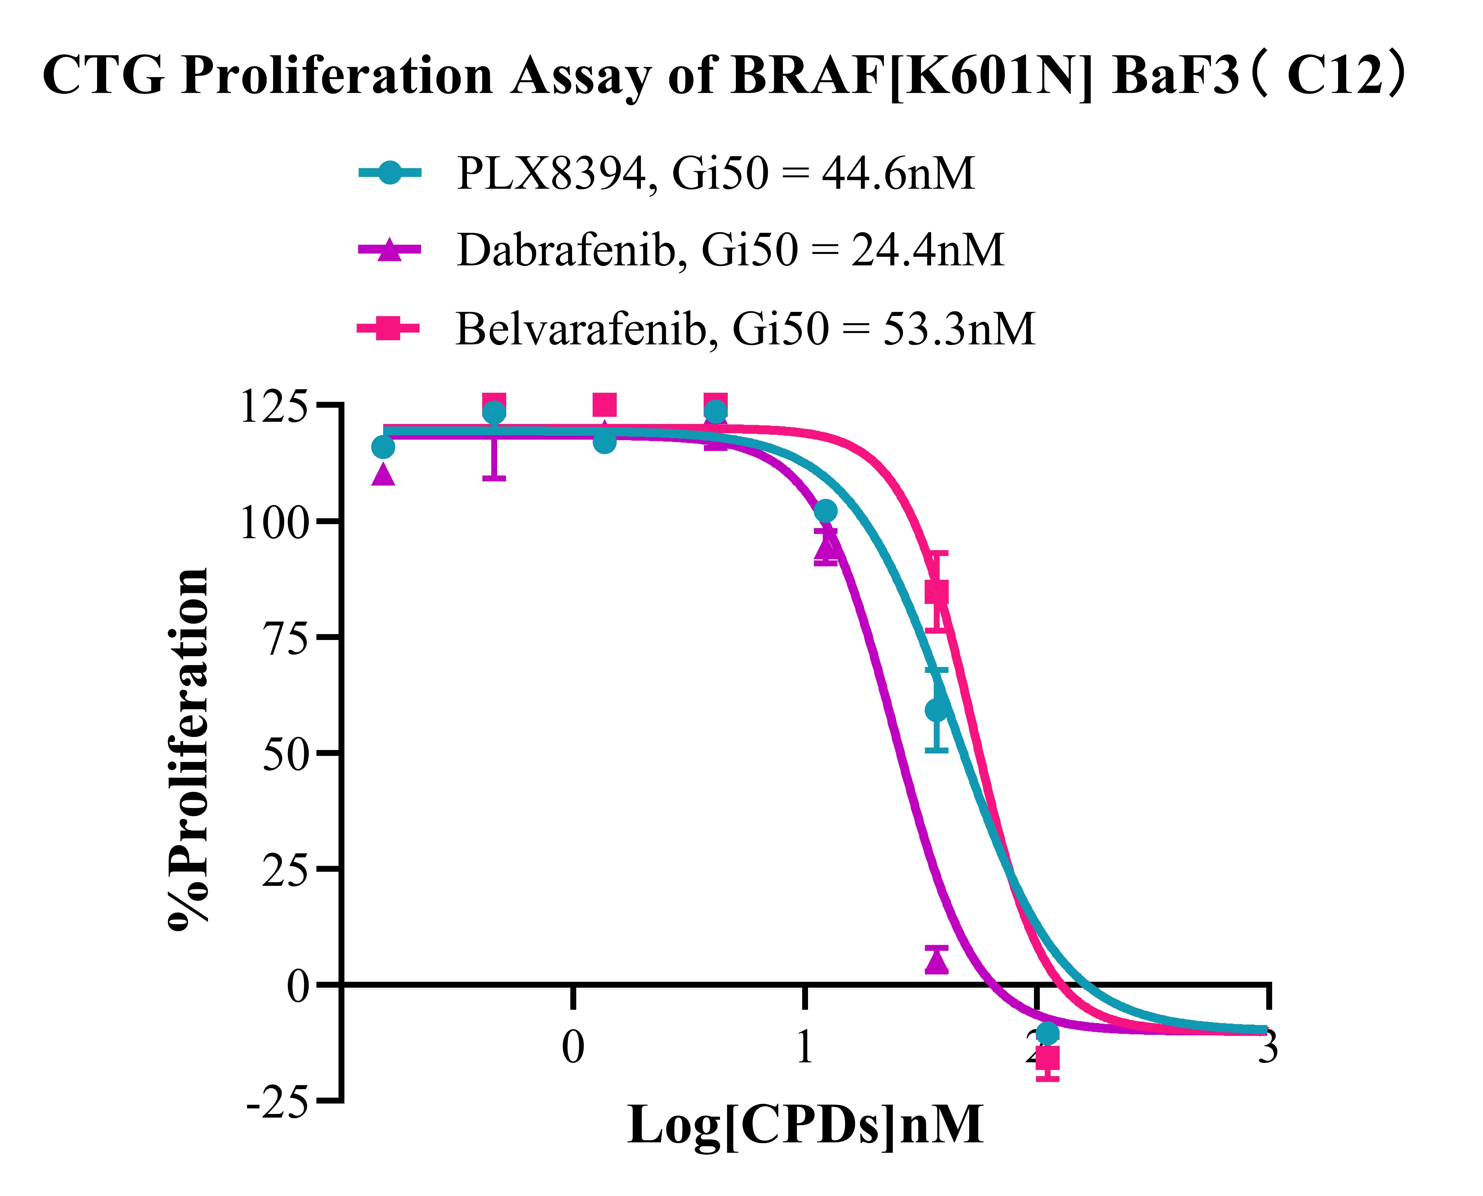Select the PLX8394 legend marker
[389, 172]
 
